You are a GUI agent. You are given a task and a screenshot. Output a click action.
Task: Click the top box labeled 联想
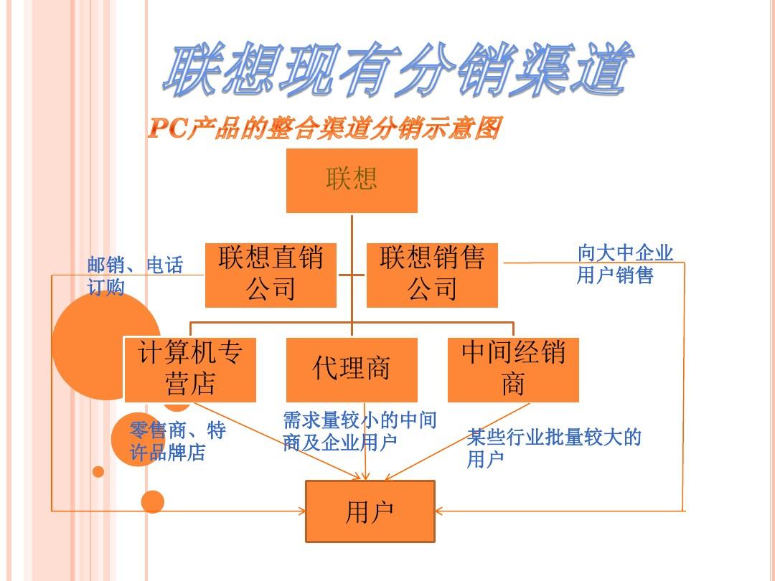(x=352, y=180)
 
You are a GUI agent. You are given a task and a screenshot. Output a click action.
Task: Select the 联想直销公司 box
(x=271, y=275)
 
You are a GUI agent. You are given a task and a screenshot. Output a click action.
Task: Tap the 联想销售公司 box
(x=432, y=275)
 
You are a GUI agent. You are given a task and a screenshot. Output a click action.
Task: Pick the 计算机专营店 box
(x=190, y=369)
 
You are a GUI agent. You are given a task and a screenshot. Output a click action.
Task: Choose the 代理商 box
(x=352, y=369)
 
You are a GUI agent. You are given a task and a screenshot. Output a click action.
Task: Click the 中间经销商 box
(x=513, y=369)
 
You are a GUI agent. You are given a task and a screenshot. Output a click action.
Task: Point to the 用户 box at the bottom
(x=370, y=511)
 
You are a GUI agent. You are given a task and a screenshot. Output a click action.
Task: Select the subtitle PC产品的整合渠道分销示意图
(x=323, y=129)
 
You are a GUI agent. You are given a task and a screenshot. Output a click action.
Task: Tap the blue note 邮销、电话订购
(x=135, y=276)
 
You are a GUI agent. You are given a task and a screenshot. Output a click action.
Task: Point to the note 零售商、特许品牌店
(x=177, y=441)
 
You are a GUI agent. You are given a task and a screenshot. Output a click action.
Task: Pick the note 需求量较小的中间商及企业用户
(x=360, y=431)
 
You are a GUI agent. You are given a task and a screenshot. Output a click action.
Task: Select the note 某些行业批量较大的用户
(x=553, y=448)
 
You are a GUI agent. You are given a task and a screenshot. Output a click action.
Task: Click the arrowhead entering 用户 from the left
(x=301, y=511)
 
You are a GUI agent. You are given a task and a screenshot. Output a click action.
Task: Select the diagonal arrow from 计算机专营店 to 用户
(x=301, y=445)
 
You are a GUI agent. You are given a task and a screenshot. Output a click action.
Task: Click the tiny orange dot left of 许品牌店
(x=98, y=471)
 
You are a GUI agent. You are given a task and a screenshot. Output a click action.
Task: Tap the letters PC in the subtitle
(x=168, y=129)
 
